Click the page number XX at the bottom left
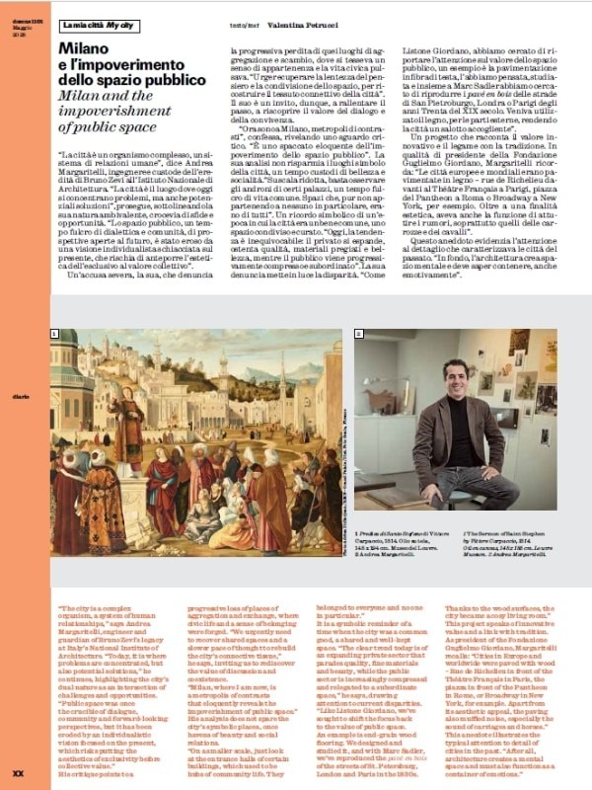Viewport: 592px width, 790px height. click(x=17, y=772)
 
